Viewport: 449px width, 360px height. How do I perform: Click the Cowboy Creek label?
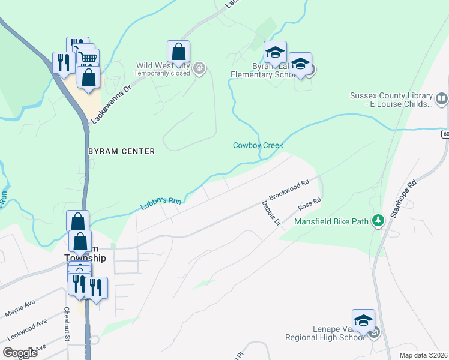click(x=258, y=145)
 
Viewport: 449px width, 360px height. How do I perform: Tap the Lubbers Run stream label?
click(x=161, y=204)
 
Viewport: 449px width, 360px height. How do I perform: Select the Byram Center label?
click(x=122, y=151)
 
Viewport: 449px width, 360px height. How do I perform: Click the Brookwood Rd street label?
click(x=289, y=189)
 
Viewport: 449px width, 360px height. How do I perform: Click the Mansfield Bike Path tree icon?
click(x=378, y=221)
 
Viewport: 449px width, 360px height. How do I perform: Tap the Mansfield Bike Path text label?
click(x=331, y=221)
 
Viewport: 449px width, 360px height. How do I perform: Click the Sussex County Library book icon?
click(x=442, y=98)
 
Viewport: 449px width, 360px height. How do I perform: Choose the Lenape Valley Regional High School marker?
click(x=363, y=320)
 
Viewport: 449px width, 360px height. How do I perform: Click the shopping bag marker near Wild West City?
click(x=179, y=52)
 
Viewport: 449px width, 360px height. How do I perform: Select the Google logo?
click(x=20, y=352)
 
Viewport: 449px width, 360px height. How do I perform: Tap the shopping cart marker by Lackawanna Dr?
click(x=88, y=58)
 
